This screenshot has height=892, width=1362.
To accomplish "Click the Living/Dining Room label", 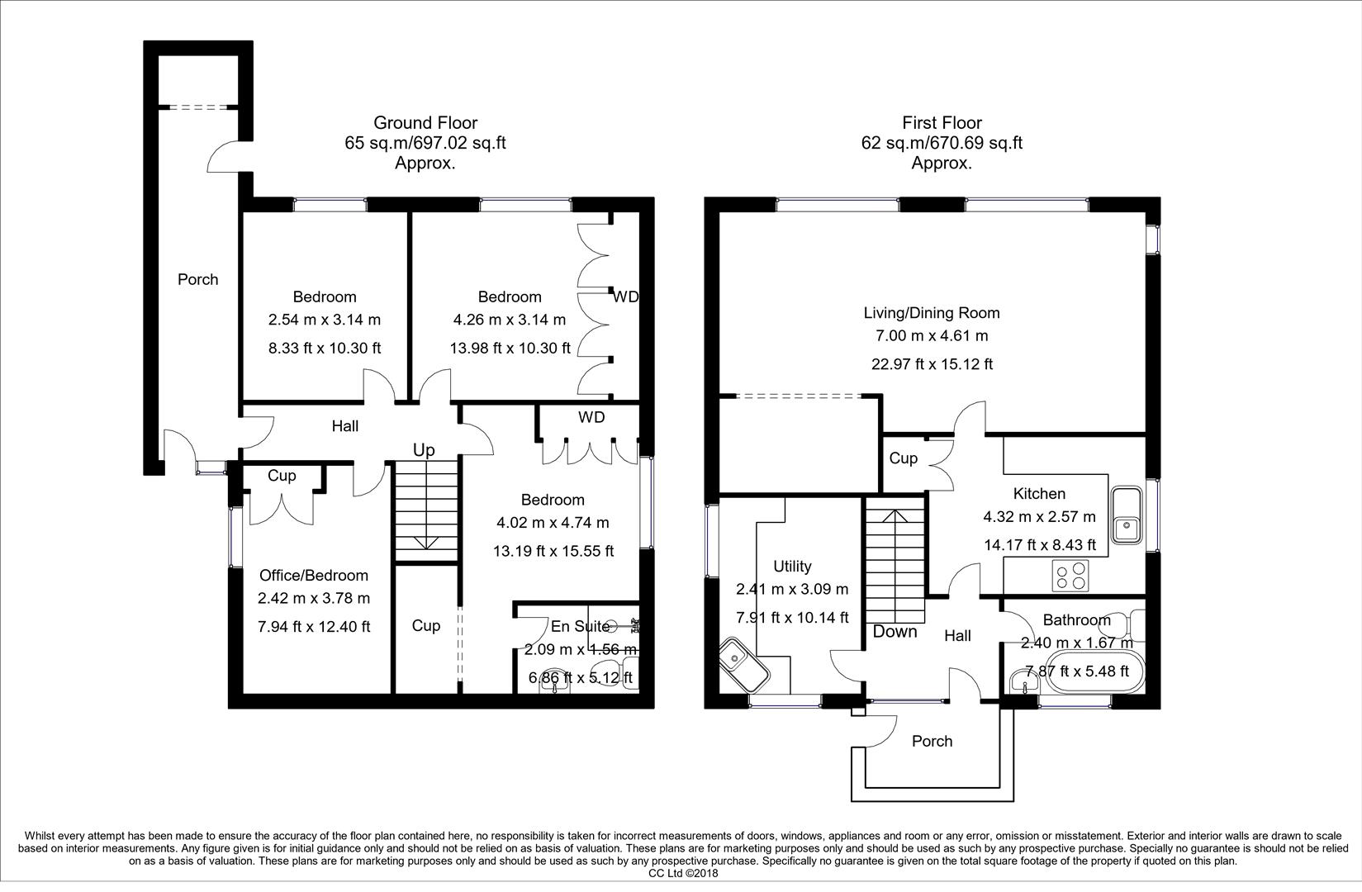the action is [x=932, y=313].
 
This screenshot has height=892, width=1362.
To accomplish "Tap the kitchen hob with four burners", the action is [x=1070, y=575].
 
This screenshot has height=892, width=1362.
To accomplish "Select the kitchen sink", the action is [x=1126, y=515].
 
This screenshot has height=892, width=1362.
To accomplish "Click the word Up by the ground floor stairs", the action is [x=424, y=450].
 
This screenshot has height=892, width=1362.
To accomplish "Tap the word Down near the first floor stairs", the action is [x=895, y=632].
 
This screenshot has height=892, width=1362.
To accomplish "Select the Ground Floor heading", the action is [x=425, y=123].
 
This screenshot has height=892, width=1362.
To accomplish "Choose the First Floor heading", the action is [x=942, y=123].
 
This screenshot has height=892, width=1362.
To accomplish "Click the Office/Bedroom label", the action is [x=314, y=576].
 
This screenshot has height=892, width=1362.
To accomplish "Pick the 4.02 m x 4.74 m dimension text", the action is [x=553, y=523].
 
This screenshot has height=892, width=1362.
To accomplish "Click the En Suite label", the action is [x=581, y=627].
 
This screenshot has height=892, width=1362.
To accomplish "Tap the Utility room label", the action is [x=792, y=567].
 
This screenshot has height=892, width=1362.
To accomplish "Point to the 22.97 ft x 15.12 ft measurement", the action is [x=932, y=364].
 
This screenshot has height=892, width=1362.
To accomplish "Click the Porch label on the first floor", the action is [x=932, y=742].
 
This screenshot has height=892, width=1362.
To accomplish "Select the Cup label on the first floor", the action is [x=903, y=458].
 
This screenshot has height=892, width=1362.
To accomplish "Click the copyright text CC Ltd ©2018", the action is [x=683, y=873].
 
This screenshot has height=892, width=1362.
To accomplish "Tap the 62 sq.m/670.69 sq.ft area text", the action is [x=942, y=143].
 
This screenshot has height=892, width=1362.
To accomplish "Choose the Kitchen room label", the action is [x=1039, y=494].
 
